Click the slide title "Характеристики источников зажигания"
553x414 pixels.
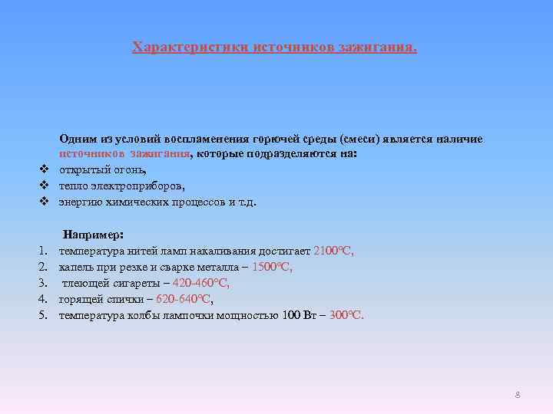[x=275, y=48]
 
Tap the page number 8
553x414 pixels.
[x=518, y=394]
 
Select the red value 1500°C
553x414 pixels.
[x=272, y=268]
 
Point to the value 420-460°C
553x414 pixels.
[x=200, y=284]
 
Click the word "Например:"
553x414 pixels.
[x=94, y=235]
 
